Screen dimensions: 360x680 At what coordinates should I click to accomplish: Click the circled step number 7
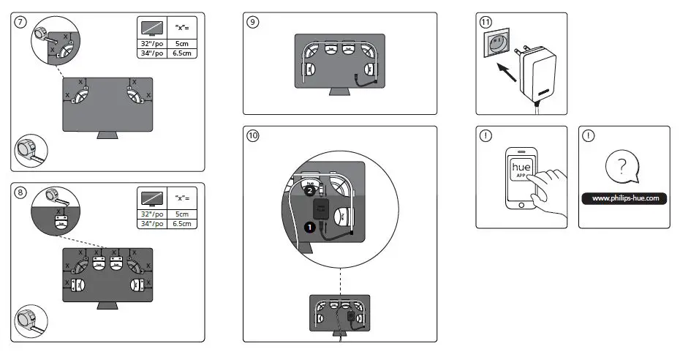[x=20, y=22]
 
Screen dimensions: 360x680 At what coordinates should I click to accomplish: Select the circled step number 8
[x=20, y=192]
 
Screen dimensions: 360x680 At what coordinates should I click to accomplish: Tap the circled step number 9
[x=253, y=22]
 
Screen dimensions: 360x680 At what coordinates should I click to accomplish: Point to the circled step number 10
[x=253, y=136]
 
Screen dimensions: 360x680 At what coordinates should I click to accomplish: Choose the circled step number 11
[x=486, y=22]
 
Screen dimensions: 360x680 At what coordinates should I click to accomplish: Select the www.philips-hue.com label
[x=624, y=198]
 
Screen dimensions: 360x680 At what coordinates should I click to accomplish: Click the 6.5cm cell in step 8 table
[x=182, y=223]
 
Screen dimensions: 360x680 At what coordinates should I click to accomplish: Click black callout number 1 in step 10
[x=309, y=227]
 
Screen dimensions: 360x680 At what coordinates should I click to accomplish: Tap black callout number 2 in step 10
[x=309, y=190]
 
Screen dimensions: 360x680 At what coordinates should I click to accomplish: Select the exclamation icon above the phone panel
[x=486, y=136]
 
